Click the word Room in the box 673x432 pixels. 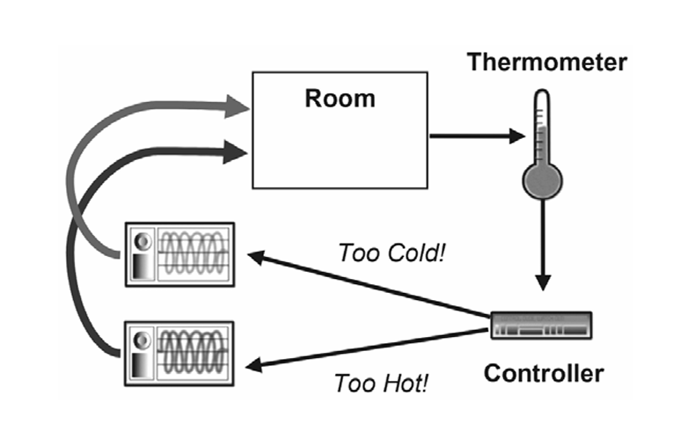click(x=340, y=97)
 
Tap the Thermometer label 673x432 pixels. click(x=546, y=62)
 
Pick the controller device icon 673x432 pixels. click(x=540, y=326)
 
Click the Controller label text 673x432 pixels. click(x=544, y=373)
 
